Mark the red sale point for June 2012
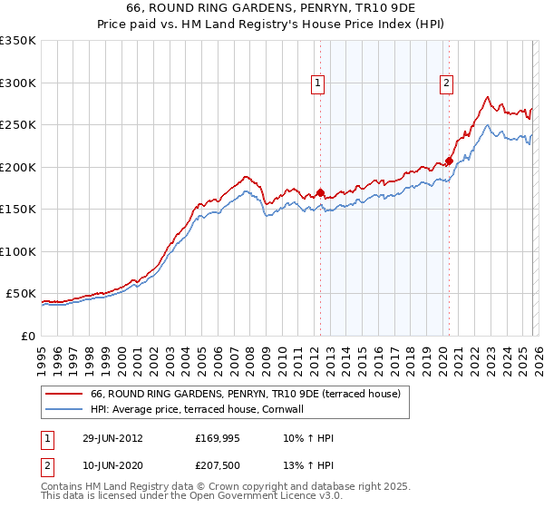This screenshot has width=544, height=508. [320, 192]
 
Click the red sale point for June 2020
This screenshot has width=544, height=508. [448, 161]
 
